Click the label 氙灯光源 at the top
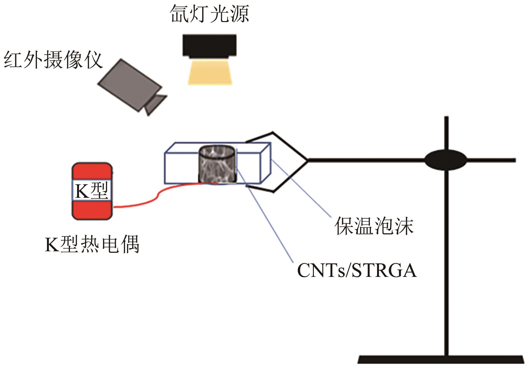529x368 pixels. (x=210, y=15)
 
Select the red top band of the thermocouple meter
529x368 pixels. (x=92, y=171)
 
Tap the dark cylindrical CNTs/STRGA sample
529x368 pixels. (x=217, y=165)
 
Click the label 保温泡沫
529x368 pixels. (x=374, y=226)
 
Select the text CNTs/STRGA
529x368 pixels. (x=357, y=270)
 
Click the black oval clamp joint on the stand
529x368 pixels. (x=446, y=160)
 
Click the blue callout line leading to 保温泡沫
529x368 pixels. (x=301, y=188)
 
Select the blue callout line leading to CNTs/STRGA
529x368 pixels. (x=269, y=220)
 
